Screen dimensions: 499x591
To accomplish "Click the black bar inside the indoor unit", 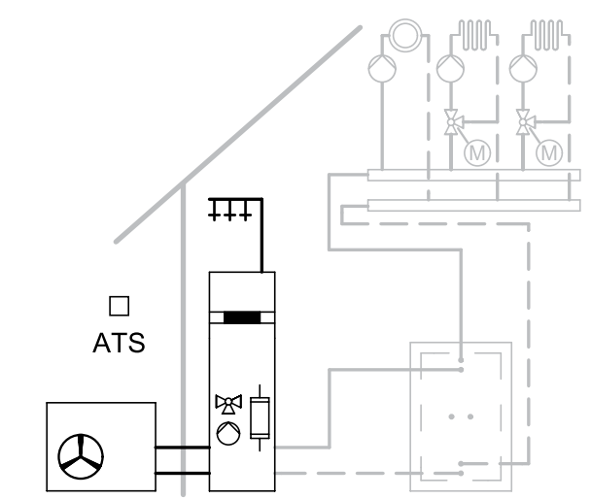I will pos(244,316).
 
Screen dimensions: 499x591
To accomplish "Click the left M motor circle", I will pos(477,152).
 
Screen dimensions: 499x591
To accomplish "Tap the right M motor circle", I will pos(550,152).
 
